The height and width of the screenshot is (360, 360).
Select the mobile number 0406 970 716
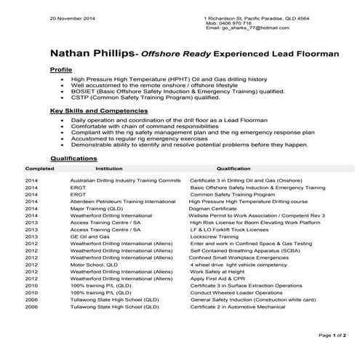click(x=241, y=23)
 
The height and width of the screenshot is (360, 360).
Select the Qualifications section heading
click(x=73, y=157)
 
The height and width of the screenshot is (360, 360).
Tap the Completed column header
click(x=39, y=167)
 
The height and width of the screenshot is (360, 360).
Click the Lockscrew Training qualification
click(x=214, y=236)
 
